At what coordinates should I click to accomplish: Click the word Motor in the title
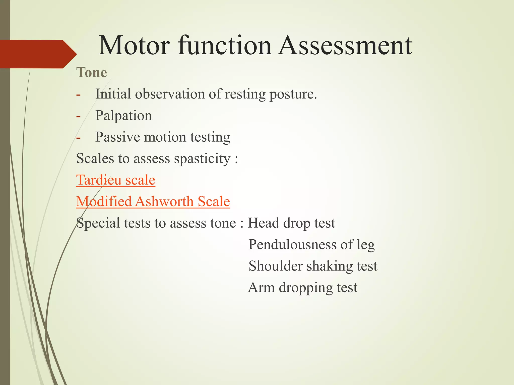pyautogui.click(x=134, y=46)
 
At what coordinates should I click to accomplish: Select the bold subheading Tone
pyautogui.click(x=92, y=73)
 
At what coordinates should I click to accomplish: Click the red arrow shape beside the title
pyautogui.click(x=38, y=54)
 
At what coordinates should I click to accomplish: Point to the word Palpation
pyautogui.click(x=123, y=116)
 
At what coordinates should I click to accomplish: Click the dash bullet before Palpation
pyautogui.click(x=79, y=116)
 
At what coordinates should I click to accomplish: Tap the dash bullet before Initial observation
pyautogui.click(x=79, y=95)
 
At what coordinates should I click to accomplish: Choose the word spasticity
pyautogui.click(x=202, y=159)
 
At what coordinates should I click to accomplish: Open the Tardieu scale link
pyautogui.click(x=116, y=180)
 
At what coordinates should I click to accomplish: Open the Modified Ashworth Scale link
pyautogui.click(x=153, y=202)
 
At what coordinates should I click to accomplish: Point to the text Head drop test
pyautogui.click(x=291, y=223)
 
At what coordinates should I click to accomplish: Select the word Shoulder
pyautogui.click(x=275, y=266)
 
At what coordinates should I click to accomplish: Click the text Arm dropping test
pyautogui.click(x=302, y=287)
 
